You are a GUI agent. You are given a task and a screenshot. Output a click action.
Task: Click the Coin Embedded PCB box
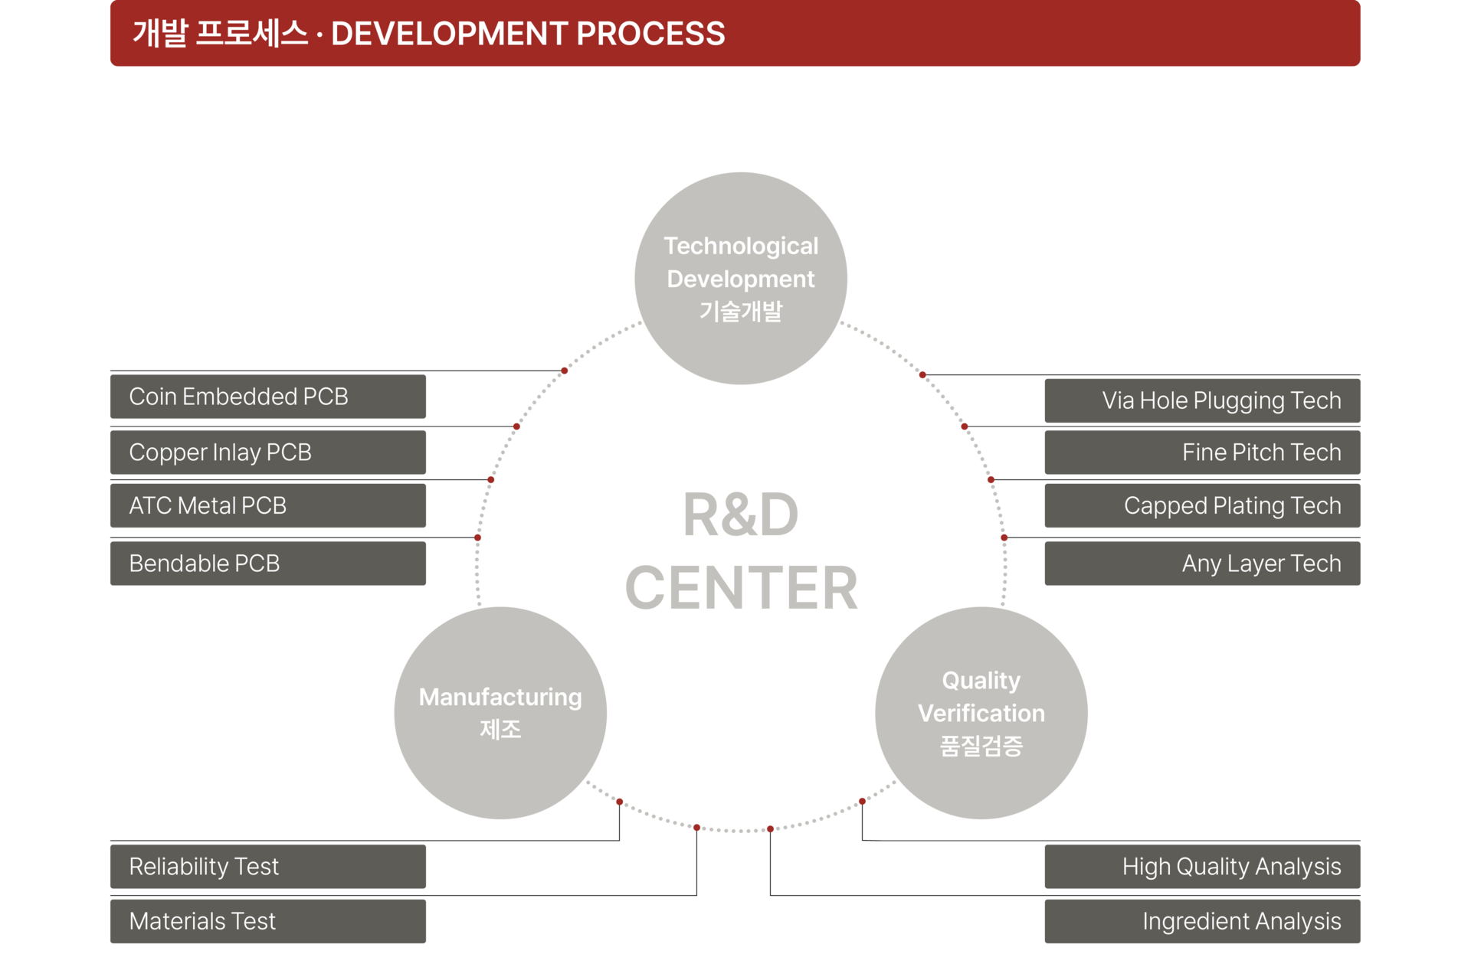(x=268, y=397)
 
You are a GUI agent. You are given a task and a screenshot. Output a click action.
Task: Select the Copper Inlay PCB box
(x=268, y=452)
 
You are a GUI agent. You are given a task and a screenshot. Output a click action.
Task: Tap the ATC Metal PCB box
(x=268, y=505)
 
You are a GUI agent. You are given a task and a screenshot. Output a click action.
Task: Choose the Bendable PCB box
(x=268, y=564)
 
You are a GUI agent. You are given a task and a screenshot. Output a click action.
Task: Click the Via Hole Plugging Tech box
(x=1203, y=400)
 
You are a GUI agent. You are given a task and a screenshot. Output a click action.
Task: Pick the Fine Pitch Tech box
(x=1203, y=452)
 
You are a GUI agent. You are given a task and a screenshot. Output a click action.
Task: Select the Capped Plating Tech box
(x=1203, y=505)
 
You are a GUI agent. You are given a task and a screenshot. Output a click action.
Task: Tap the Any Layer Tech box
(x=1203, y=564)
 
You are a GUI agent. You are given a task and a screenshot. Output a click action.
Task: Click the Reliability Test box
(x=268, y=867)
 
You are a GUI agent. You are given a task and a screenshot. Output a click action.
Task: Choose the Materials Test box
(x=268, y=921)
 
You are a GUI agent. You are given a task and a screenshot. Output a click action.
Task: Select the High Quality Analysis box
(x=1203, y=867)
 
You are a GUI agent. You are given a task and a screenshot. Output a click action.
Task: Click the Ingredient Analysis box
(x=1203, y=921)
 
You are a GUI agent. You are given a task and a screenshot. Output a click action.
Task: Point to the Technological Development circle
(x=741, y=278)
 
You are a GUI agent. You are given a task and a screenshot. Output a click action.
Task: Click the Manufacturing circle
(x=500, y=713)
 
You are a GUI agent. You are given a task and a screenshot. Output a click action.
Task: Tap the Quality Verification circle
(x=981, y=713)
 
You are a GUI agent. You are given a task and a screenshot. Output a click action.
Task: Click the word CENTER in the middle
(x=741, y=588)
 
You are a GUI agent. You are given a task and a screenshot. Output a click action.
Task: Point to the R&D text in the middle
(x=741, y=515)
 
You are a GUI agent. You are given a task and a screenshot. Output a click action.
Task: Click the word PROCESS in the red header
(x=650, y=34)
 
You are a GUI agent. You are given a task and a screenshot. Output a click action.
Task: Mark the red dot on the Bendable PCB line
(x=477, y=537)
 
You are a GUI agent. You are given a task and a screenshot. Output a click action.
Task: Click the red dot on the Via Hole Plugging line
(x=922, y=374)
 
